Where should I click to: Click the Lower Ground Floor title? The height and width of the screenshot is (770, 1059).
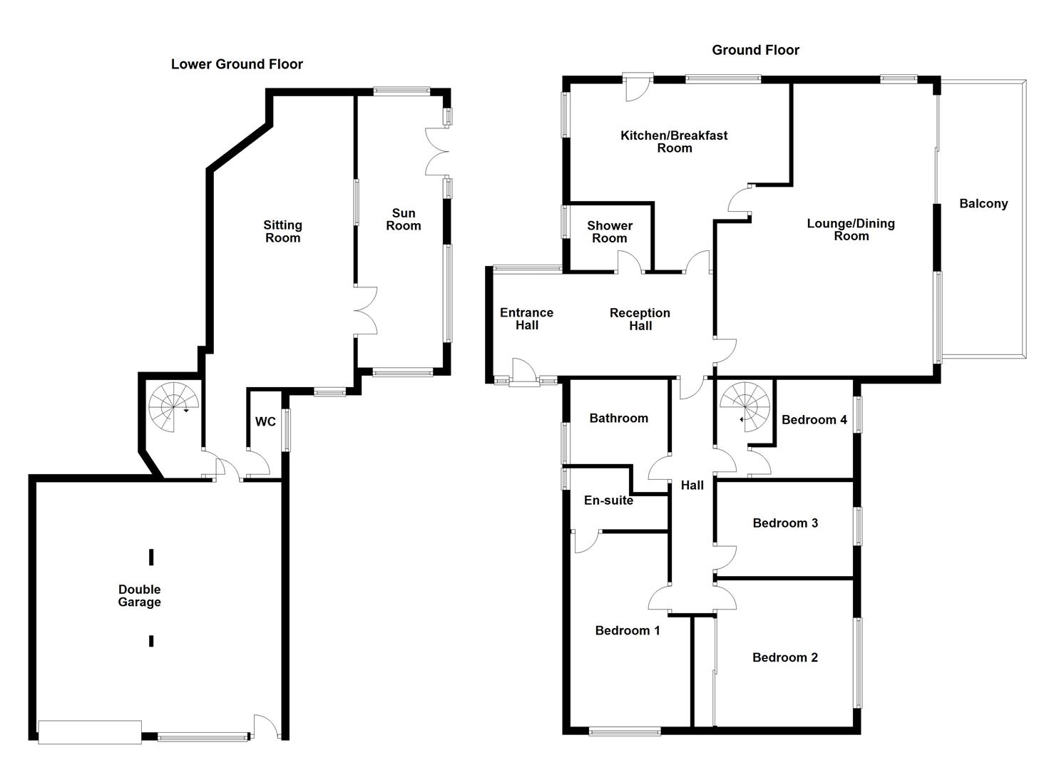(237, 64)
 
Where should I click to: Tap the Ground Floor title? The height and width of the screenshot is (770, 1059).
(755, 50)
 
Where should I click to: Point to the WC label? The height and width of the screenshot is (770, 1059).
(265, 422)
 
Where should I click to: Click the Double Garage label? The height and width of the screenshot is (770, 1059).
(139, 596)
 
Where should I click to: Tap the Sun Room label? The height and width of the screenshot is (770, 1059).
(403, 220)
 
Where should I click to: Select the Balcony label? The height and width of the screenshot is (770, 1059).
(983, 204)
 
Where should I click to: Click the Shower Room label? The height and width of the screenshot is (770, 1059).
(609, 232)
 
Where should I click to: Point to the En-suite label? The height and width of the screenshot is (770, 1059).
(608, 500)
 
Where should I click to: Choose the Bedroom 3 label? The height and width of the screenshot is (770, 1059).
(784, 523)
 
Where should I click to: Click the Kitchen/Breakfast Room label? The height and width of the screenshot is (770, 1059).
(674, 142)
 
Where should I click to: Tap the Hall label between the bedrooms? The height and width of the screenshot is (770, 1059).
(692, 486)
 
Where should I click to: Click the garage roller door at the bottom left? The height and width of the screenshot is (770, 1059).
(89, 732)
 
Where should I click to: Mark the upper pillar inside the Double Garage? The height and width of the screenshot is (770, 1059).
(151, 557)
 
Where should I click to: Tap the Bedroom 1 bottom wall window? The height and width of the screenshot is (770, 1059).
(625, 730)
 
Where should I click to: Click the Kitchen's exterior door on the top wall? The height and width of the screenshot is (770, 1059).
(638, 83)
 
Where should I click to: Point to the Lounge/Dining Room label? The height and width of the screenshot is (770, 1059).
(850, 230)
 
